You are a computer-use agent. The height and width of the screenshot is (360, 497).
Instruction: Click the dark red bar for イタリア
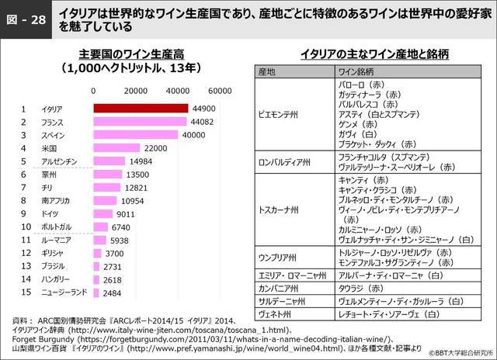tap(141, 109)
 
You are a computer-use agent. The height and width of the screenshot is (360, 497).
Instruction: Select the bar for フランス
tap(140, 122)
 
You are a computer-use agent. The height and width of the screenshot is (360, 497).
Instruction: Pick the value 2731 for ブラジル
tap(113, 266)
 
